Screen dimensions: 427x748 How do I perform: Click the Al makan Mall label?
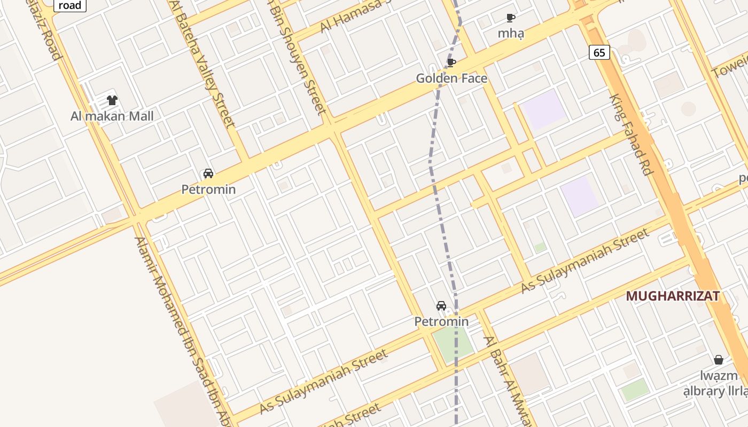coord(112,116)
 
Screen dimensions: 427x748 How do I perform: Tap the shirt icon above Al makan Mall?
coord(112,100)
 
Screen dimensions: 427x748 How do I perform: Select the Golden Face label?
coord(451,78)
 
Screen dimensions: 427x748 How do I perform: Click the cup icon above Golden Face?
coord(451,63)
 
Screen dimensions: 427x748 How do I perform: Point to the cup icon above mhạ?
coord(511,18)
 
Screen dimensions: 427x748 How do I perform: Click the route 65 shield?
coord(599,52)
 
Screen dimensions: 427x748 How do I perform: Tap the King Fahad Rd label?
coord(632,135)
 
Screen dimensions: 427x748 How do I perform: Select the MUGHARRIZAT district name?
coord(672,296)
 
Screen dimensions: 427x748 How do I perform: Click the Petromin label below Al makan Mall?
coord(208,189)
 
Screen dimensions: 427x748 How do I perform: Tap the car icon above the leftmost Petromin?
coord(208,173)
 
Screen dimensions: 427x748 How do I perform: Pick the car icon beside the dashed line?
coord(441,306)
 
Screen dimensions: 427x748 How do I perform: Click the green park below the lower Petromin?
coord(452,342)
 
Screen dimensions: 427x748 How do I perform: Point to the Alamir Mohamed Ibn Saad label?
coord(182,331)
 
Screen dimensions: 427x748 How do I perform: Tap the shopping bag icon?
coord(719,359)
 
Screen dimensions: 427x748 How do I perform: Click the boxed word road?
coord(70,5)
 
